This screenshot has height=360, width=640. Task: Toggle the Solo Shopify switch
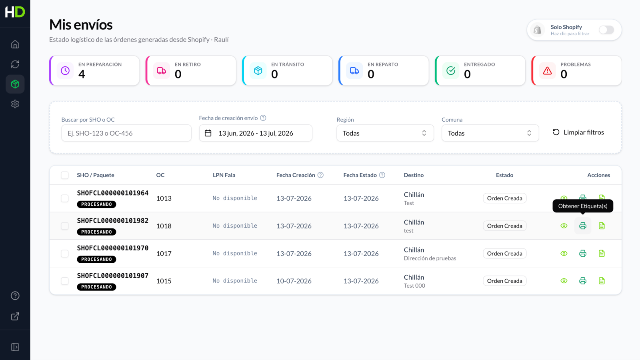tap(606, 30)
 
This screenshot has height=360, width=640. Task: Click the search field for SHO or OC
tap(126, 133)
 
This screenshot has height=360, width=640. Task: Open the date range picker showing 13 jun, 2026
tap(256, 133)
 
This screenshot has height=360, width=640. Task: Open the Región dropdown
tap(385, 133)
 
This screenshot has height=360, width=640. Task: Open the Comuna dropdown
tap(490, 133)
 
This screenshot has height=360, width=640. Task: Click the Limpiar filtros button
tap(578, 132)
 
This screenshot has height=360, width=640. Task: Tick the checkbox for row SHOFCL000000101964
tap(64, 198)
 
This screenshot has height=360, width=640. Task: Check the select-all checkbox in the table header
tap(64, 175)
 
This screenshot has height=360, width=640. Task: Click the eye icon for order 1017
tap(564, 254)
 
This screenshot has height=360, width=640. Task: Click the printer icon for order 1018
tap(582, 226)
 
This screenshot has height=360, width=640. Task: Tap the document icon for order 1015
tap(602, 281)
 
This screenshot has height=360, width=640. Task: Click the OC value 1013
tap(164, 198)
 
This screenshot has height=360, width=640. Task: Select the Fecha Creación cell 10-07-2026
tap(294, 281)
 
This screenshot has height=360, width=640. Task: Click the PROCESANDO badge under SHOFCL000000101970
tap(96, 259)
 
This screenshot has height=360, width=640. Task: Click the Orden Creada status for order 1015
tap(504, 281)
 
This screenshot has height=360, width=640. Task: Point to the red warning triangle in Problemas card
tap(547, 70)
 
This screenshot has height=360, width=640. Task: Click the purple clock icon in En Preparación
tap(65, 70)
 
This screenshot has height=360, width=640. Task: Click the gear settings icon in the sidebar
tap(15, 104)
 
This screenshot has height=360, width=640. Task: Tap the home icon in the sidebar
tap(15, 44)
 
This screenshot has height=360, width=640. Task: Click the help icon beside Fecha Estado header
tap(382, 175)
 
